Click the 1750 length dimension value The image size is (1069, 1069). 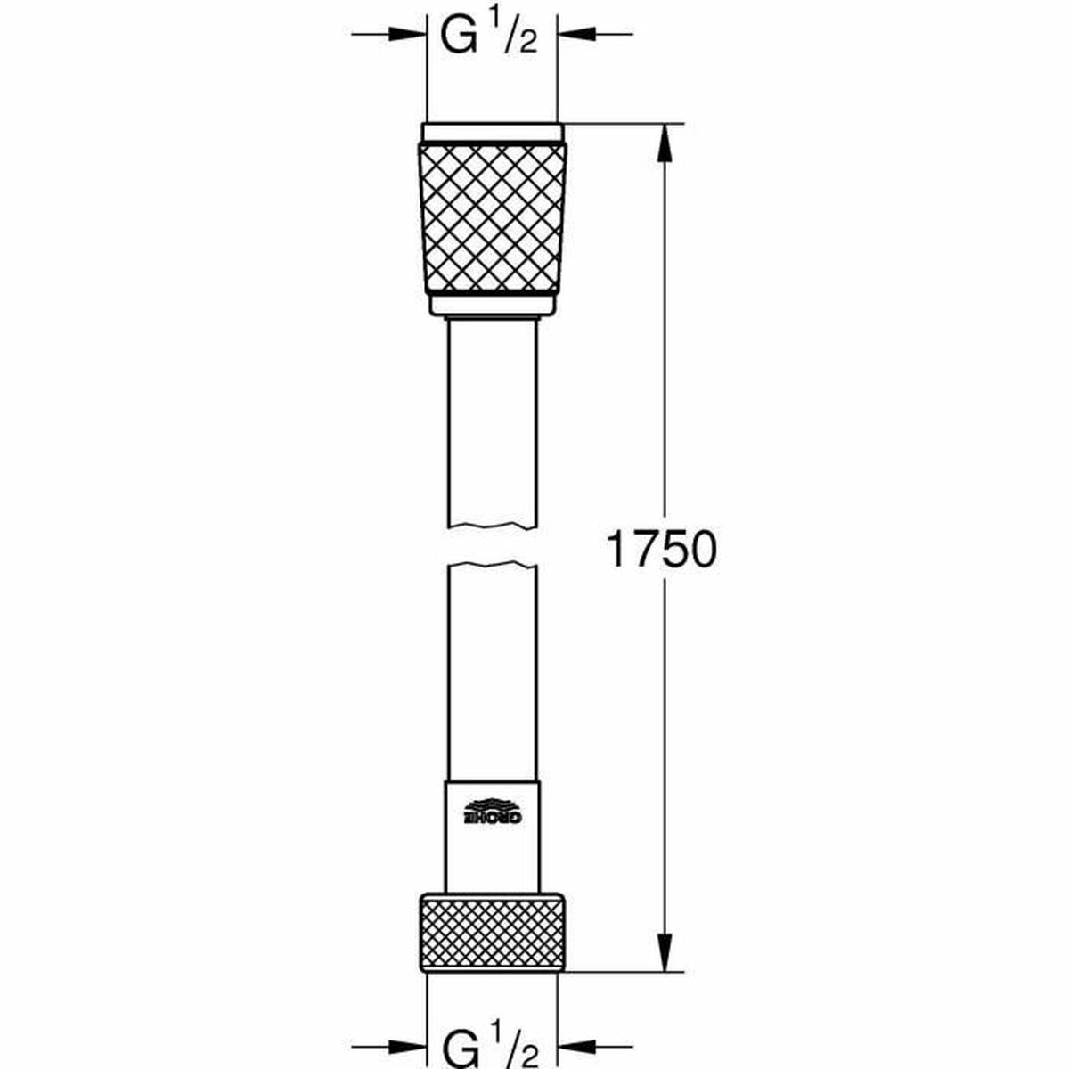[661, 550]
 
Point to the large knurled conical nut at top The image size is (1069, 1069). [492, 218]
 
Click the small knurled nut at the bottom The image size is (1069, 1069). [492, 933]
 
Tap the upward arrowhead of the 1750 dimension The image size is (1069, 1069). [664, 143]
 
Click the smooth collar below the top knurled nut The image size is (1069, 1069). [492, 305]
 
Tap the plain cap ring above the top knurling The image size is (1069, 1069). [492, 133]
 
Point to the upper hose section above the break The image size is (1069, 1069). [492, 419]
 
